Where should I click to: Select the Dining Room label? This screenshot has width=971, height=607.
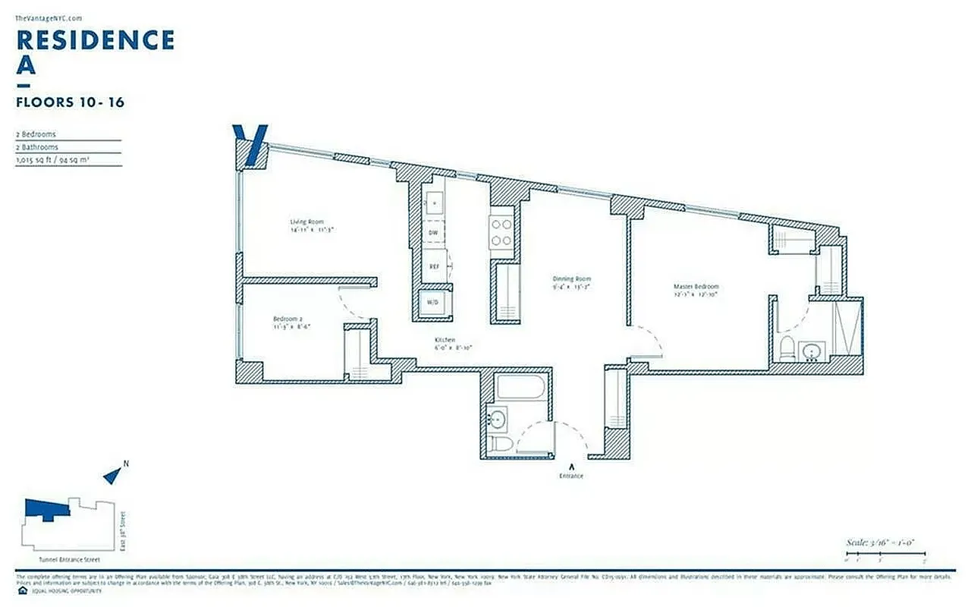click(x=571, y=279)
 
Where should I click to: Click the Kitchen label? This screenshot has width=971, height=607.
click(x=445, y=339)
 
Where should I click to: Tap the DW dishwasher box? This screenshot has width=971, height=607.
click(x=433, y=233)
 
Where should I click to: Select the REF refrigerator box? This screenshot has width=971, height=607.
click(x=434, y=266)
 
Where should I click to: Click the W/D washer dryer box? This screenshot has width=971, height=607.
click(x=433, y=301)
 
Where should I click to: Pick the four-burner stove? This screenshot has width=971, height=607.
click(x=501, y=231)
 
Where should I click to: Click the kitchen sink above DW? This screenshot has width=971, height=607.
click(x=434, y=202)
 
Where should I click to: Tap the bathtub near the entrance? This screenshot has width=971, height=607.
click(x=520, y=388)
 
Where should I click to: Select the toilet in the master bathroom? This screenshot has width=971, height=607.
click(x=787, y=350)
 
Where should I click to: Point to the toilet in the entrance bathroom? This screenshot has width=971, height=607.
click(x=498, y=445)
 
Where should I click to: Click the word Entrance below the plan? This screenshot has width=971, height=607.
click(x=572, y=476)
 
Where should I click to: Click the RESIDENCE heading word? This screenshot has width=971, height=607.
click(x=96, y=39)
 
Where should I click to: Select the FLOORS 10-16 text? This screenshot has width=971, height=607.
click(x=70, y=102)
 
